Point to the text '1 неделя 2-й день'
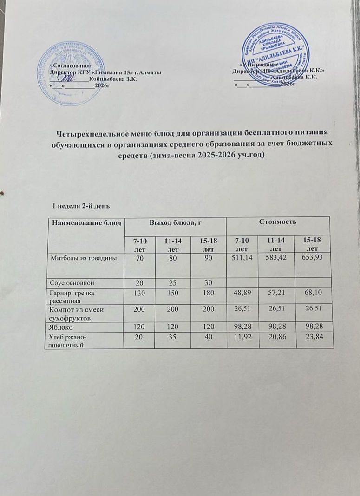(79, 205)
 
